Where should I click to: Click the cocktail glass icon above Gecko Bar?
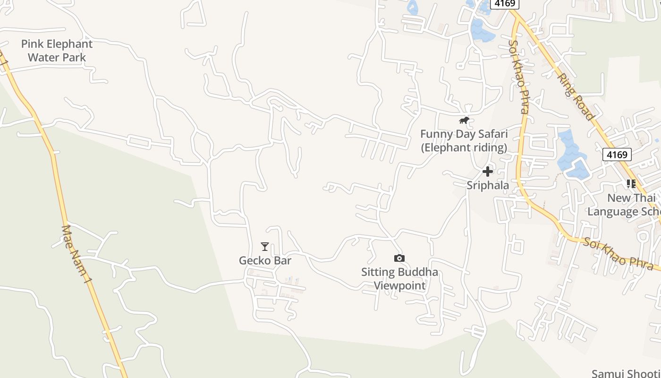(x=265, y=247)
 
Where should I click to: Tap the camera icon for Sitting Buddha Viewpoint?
(x=399, y=258)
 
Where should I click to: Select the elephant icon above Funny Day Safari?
(x=464, y=120)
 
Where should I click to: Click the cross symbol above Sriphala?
(x=488, y=172)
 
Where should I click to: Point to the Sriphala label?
(x=488, y=185)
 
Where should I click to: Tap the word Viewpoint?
(x=400, y=285)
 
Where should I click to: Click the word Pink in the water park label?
(x=32, y=44)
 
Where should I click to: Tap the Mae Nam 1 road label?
(x=76, y=254)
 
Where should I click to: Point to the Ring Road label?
(x=574, y=95)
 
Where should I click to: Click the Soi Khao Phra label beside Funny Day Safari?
(x=517, y=77)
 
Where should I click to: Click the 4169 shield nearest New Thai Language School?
(x=617, y=155)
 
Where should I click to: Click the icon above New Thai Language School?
(x=631, y=184)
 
